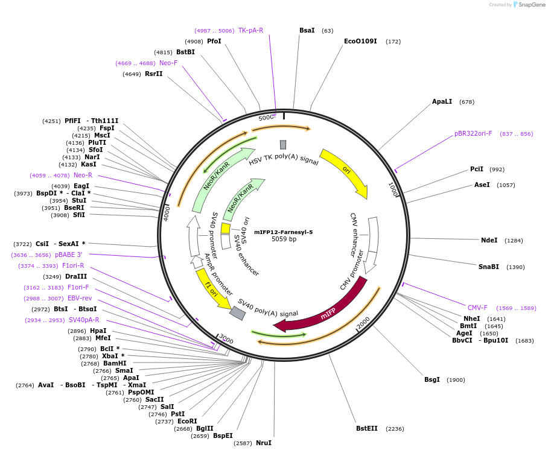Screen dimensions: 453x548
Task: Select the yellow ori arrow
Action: (x=345, y=171)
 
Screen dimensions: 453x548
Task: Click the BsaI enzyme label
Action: (x=307, y=30)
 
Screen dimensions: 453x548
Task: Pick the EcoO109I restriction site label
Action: (x=360, y=41)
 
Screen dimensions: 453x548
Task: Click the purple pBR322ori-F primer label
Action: (x=473, y=133)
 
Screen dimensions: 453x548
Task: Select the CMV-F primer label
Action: (x=477, y=308)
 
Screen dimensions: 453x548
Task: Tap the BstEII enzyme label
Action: (x=366, y=428)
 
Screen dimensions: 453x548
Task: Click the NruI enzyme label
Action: (x=264, y=443)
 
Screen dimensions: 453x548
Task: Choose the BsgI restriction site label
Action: (x=432, y=379)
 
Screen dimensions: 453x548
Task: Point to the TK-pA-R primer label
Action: (x=250, y=30)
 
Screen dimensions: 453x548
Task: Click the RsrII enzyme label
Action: (x=154, y=74)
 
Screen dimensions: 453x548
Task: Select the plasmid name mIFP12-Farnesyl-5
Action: (x=283, y=232)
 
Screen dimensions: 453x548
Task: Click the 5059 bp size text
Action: (x=284, y=239)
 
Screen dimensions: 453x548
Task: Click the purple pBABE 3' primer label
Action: (x=69, y=255)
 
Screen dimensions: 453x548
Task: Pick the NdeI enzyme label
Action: (x=489, y=240)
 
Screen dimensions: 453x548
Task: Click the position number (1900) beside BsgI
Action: (x=456, y=380)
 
